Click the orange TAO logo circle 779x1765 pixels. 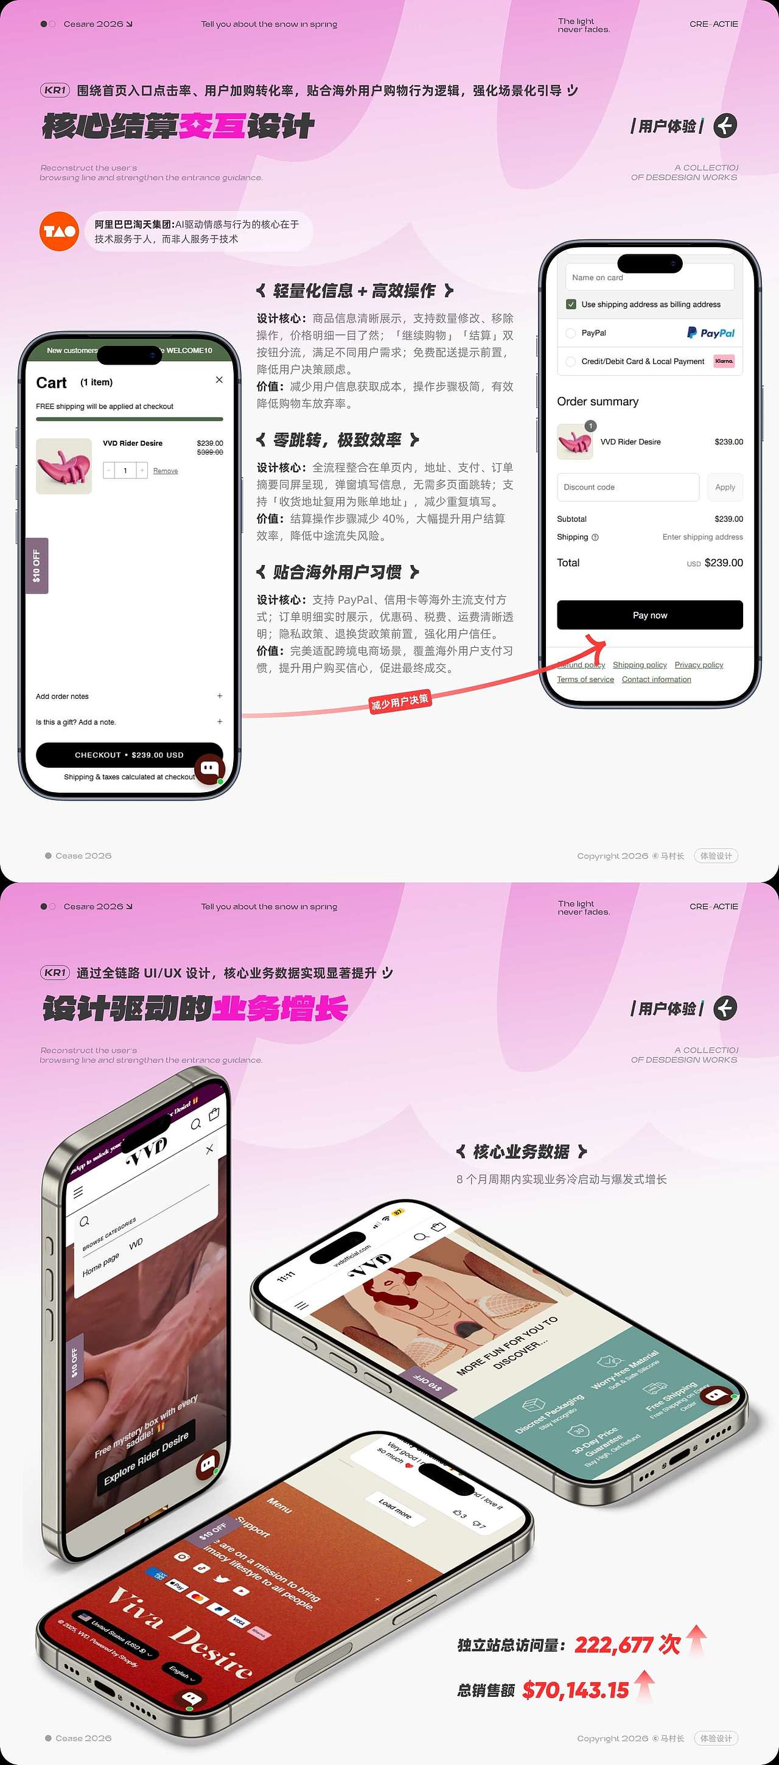pyautogui.click(x=59, y=231)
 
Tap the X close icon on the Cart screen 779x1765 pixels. pyautogui.click(x=219, y=379)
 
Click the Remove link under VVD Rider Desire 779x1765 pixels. pyautogui.click(x=165, y=471)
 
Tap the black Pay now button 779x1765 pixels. pyautogui.click(x=649, y=614)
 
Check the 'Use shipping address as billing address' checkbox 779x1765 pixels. pyautogui.click(x=571, y=304)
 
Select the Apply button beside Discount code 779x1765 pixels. pyautogui.click(x=725, y=487)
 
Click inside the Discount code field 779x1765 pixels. pyautogui.click(x=627, y=487)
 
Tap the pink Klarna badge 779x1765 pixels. pyautogui.click(x=724, y=361)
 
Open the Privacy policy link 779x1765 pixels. pyautogui.click(x=699, y=665)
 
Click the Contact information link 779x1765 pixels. pyautogui.click(x=656, y=679)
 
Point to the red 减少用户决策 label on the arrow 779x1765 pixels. pyautogui.click(x=400, y=701)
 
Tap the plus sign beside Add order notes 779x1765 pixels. pyautogui.click(x=220, y=696)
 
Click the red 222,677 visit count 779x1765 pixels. pyautogui.click(x=627, y=1644)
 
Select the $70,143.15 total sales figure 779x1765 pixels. pyautogui.click(x=576, y=1690)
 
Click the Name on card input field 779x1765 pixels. pyautogui.click(x=649, y=278)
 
